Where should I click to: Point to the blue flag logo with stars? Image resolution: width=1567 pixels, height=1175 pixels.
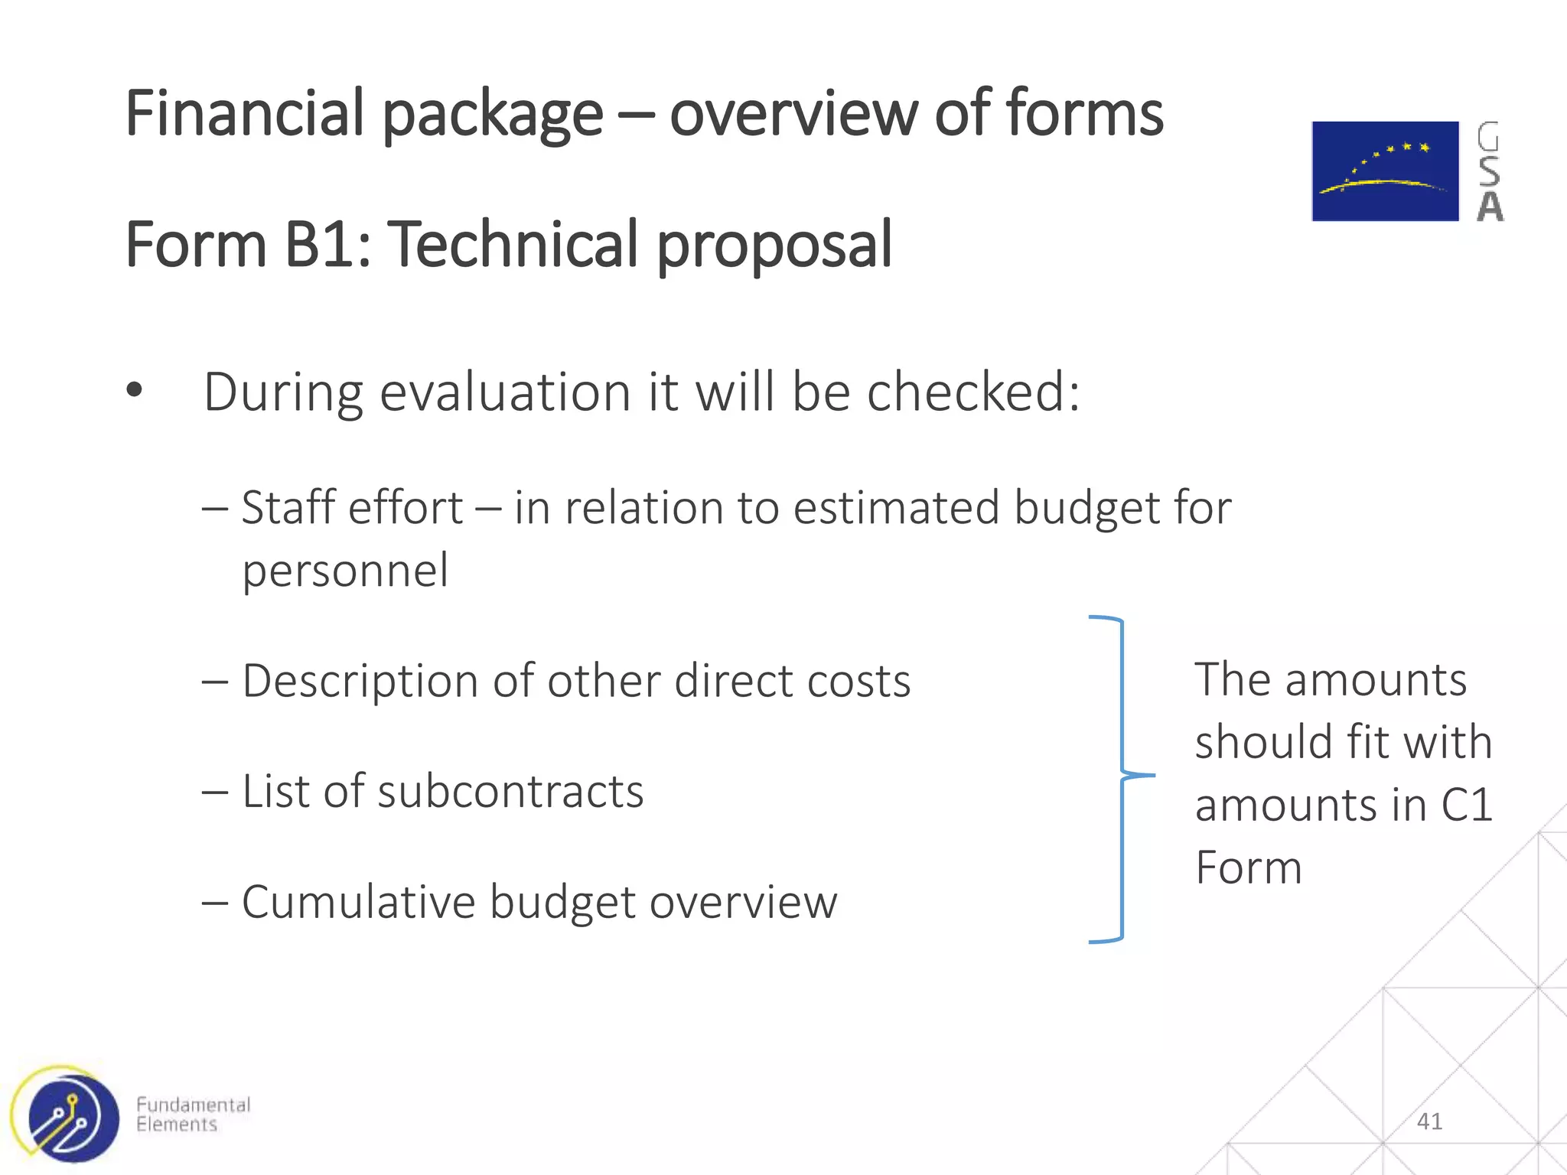tap(1385, 171)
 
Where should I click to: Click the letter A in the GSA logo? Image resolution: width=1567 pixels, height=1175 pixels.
tap(1490, 207)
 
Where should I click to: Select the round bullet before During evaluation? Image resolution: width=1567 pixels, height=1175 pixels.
tap(135, 391)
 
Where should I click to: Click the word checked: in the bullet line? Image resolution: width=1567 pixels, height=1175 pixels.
tap(973, 392)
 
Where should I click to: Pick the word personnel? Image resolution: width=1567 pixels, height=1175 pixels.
tap(345, 571)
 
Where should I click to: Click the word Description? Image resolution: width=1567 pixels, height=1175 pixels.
tap(360, 681)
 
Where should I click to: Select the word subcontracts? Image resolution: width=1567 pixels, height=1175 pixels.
tap(510, 791)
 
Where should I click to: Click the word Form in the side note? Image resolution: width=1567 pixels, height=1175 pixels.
tap(1248, 867)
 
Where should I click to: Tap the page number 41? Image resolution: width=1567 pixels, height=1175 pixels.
tap(1429, 1121)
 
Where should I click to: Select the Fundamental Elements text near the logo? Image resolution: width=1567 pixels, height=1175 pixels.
tap(193, 1115)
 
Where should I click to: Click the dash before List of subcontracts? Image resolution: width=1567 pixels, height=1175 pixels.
tap(215, 793)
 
